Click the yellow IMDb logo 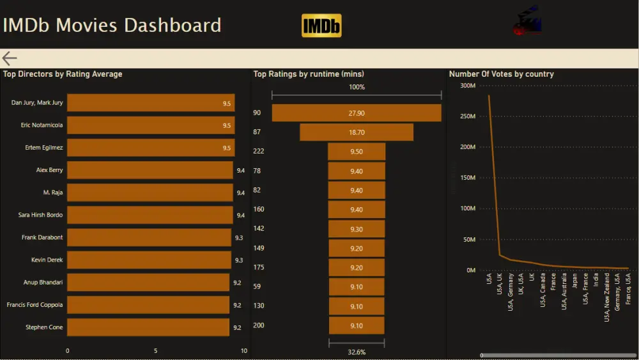pos(321,26)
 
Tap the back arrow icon pos(10,59)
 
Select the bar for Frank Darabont pos(149,237)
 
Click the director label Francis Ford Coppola pos(35,305)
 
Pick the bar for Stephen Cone pos(148,327)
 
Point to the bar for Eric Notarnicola pos(151,125)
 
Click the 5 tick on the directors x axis pos(155,350)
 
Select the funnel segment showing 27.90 pos(357,113)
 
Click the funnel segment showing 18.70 pos(357,132)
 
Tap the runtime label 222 pos(258,152)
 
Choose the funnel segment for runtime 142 pos(357,229)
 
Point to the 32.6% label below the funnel pos(357,352)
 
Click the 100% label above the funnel pos(357,87)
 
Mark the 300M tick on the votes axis pos(468,86)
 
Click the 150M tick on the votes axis pos(468,178)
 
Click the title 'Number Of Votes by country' pos(501,74)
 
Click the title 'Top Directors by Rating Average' pos(63,74)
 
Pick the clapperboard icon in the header pos(527,21)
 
